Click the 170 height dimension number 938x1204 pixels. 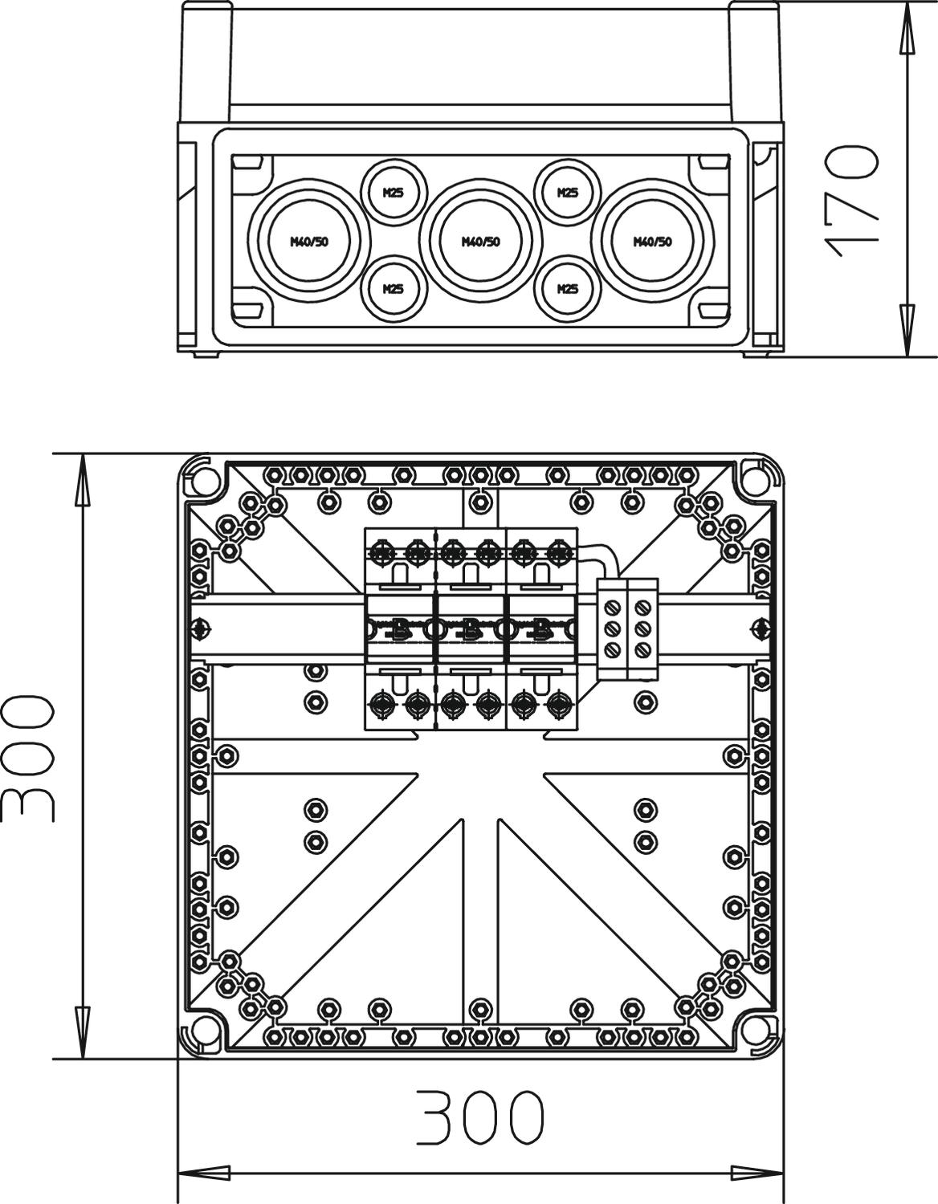click(851, 201)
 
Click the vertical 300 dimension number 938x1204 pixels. click(28, 759)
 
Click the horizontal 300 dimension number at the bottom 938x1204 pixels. click(480, 1117)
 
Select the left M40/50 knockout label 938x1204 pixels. click(309, 242)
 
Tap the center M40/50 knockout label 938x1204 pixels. click(480, 242)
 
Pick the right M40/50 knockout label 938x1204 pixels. click(652, 242)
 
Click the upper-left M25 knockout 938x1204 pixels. click(394, 193)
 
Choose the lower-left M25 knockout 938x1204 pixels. click(394, 289)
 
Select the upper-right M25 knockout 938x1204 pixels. click(568, 193)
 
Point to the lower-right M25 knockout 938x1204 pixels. click(568, 289)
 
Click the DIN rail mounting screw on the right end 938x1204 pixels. click(761, 628)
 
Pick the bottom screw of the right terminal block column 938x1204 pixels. click(641, 649)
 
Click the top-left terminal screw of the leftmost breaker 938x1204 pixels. click(382, 553)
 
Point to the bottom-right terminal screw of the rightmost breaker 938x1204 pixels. click(559, 705)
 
